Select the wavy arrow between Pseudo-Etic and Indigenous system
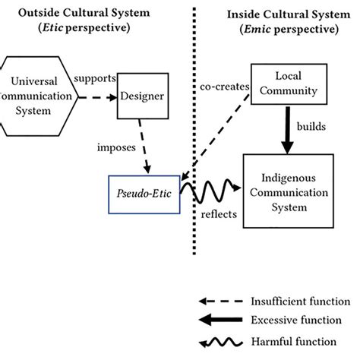[211, 191]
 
